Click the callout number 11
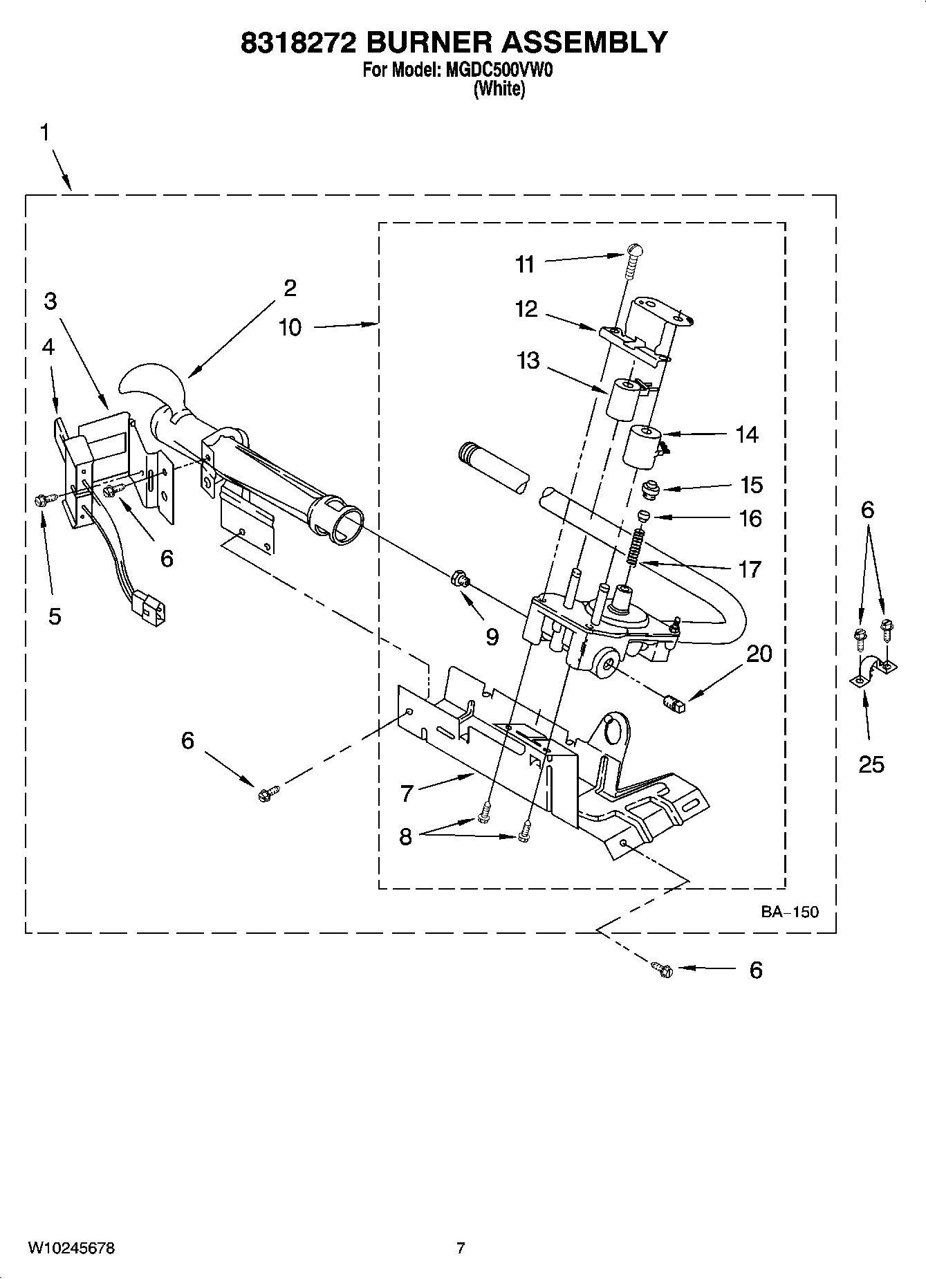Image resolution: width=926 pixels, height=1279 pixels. coord(525,264)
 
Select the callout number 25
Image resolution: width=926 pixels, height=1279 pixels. coord(871,764)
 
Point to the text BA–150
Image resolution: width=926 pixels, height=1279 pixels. coord(789,912)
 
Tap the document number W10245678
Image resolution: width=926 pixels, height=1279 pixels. coord(71,1248)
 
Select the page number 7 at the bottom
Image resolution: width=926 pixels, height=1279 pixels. coord(461,1248)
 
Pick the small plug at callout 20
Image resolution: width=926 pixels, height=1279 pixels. coord(672,704)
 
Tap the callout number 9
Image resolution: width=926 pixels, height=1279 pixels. coord(492,636)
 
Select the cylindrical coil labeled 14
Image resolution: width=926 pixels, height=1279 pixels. coord(643,446)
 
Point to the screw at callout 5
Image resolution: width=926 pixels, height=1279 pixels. coord(41,499)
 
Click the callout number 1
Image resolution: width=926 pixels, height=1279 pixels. coord(45,132)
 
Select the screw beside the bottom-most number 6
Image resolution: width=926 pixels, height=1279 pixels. coord(662,969)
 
